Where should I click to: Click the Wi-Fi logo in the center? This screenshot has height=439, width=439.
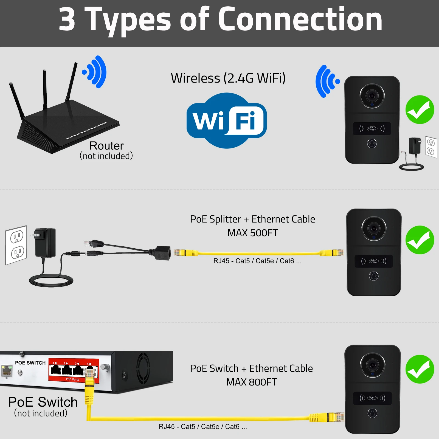(x=227, y=121)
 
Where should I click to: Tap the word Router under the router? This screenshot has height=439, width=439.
(x=106, y=146)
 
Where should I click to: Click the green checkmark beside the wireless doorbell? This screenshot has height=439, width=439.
(x=420, y=110)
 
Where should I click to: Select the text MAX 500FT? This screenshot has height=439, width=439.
(x=252, y=233)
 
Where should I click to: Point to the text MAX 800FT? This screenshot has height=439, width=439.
(x=251, y=382)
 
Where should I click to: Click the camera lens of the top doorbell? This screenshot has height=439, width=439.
(x=372, y=96)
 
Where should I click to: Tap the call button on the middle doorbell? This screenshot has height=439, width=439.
(x=373, y=276)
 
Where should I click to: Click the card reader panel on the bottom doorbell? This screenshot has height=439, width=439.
(x=372, y=398)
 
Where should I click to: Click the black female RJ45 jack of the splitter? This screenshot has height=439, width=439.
(x=163, y=253)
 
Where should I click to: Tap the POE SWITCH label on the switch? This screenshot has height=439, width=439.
(x=30, y=363)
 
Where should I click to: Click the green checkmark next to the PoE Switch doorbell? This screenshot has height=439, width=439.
(x=420, y=369)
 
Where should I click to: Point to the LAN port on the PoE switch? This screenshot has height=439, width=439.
(x=7, y=371)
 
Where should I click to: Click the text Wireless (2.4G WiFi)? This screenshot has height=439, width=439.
(x=228, y=78)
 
